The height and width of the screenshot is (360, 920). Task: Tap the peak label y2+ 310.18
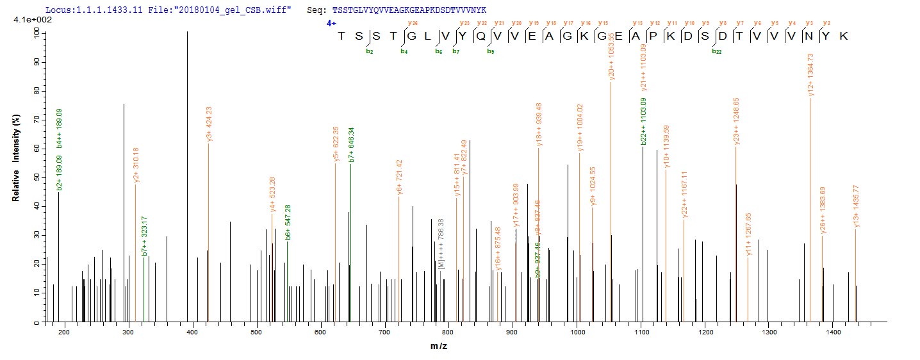coord(136,165)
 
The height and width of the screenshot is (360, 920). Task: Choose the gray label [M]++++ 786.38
coord(441,244)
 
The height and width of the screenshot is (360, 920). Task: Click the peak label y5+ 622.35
coord(336,144)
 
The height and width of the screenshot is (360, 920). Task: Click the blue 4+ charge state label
coord(331,22)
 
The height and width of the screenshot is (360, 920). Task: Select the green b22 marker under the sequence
coord(716,51)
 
